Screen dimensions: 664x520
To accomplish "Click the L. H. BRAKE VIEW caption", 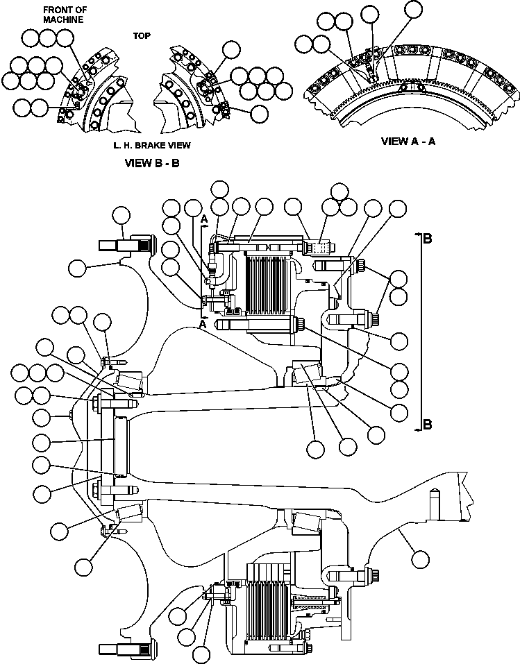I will pyautogui.click(x=151, y=146).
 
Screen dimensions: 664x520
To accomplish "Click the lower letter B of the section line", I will pyautogui.click(x=428, y=424).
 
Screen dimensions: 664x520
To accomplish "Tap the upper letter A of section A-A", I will pyautogui.click(x=204, y=219).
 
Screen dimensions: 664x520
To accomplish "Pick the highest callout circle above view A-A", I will pyautogui.click(x=412, y=9).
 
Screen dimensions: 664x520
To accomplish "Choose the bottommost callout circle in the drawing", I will pyautogui.click(x=202, y=654).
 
